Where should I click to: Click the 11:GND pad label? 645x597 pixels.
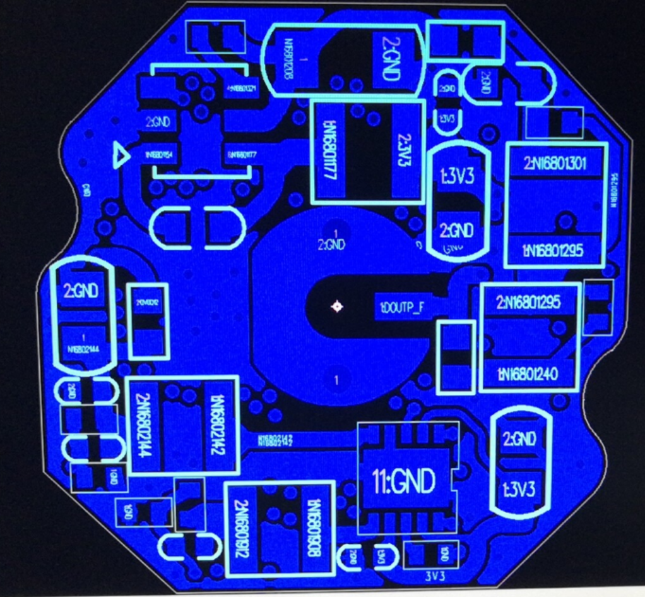coord(404,483)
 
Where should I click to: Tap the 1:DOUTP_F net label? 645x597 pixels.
coord(402,307)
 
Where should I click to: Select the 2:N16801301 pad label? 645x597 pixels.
coord(555,164)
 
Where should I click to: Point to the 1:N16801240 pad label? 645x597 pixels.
coord(528,374)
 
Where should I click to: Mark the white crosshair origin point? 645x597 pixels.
coord(337,307)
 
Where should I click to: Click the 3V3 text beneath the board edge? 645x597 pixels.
coord(435,577)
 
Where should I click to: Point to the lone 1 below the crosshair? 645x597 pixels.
coord(337,380)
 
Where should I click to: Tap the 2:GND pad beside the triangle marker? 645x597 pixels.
coord(158,123)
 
